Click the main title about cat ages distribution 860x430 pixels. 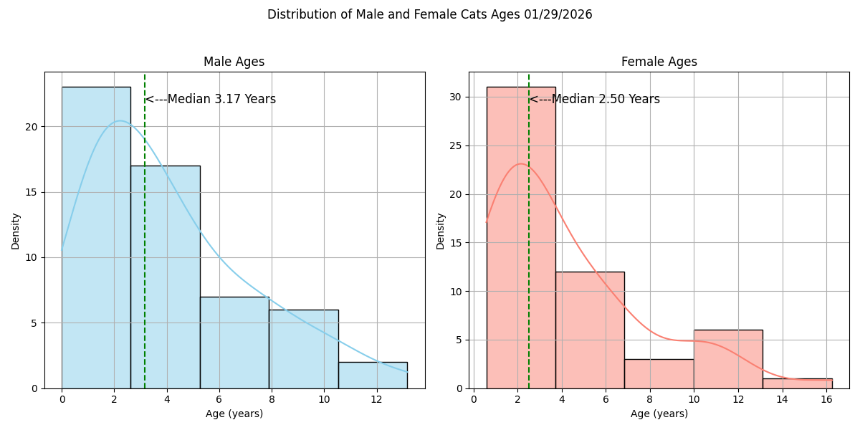coord(429,14)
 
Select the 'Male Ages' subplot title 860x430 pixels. coord(234,62)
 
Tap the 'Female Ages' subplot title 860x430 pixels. coord(659,62)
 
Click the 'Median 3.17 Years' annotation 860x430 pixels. coord(211,100)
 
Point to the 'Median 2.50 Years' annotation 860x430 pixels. coord(595,100)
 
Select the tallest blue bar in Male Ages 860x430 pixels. coord(96,236)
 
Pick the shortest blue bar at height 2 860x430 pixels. coord(373,375)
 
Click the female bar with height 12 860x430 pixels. coord(590,330)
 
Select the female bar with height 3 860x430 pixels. coord(659,373)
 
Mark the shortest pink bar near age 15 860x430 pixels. coord(797,383)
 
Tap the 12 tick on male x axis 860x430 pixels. coord(376,399)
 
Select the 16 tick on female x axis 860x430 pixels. coord(826,399)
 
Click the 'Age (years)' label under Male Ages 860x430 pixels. coord(234,414)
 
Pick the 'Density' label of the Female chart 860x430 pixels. coord(440,230)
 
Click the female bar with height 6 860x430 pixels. coord(728,359)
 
